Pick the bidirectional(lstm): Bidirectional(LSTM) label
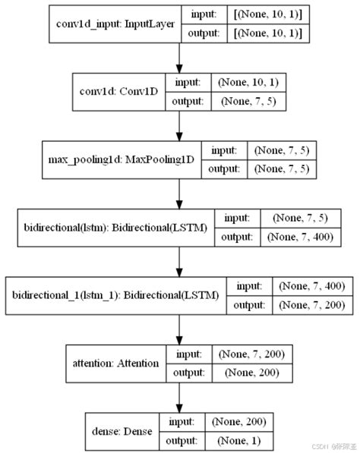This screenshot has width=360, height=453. point(113,227)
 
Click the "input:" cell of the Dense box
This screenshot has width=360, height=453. point(182,420)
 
